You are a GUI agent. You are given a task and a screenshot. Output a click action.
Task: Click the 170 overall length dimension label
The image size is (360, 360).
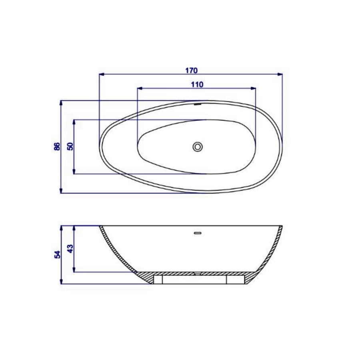pyautogui.click(x=191, y=70)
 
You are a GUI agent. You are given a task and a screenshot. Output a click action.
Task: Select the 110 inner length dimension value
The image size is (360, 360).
pyautogui.click(x=197, y=84)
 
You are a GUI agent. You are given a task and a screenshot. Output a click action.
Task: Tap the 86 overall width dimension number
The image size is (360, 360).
pyautogui.click(x=57, y=146)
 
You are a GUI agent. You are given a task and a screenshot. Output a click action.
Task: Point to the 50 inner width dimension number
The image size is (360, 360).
pyautogui.click(x=70, y=146)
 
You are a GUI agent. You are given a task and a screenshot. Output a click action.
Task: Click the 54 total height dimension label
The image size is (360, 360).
pyautogui.click(x=57, y=254)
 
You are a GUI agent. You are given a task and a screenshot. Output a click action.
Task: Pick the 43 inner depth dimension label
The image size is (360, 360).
pyautogui.click(x=70, y=249)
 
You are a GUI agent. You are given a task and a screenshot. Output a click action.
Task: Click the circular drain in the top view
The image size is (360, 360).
pyautogui.click(x=197, y=146)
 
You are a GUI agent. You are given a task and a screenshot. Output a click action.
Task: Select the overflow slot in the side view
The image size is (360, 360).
pyautogui.click(x=197, y=232)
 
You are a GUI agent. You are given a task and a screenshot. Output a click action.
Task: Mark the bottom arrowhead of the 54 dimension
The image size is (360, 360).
pyautogui.click(x=61, y=282)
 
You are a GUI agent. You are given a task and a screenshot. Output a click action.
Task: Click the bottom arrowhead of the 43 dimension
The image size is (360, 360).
pyautogui.click(x=74, y=270)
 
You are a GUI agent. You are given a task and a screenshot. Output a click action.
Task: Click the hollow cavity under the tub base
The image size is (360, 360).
pyautogui.click(x=194, y=280)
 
